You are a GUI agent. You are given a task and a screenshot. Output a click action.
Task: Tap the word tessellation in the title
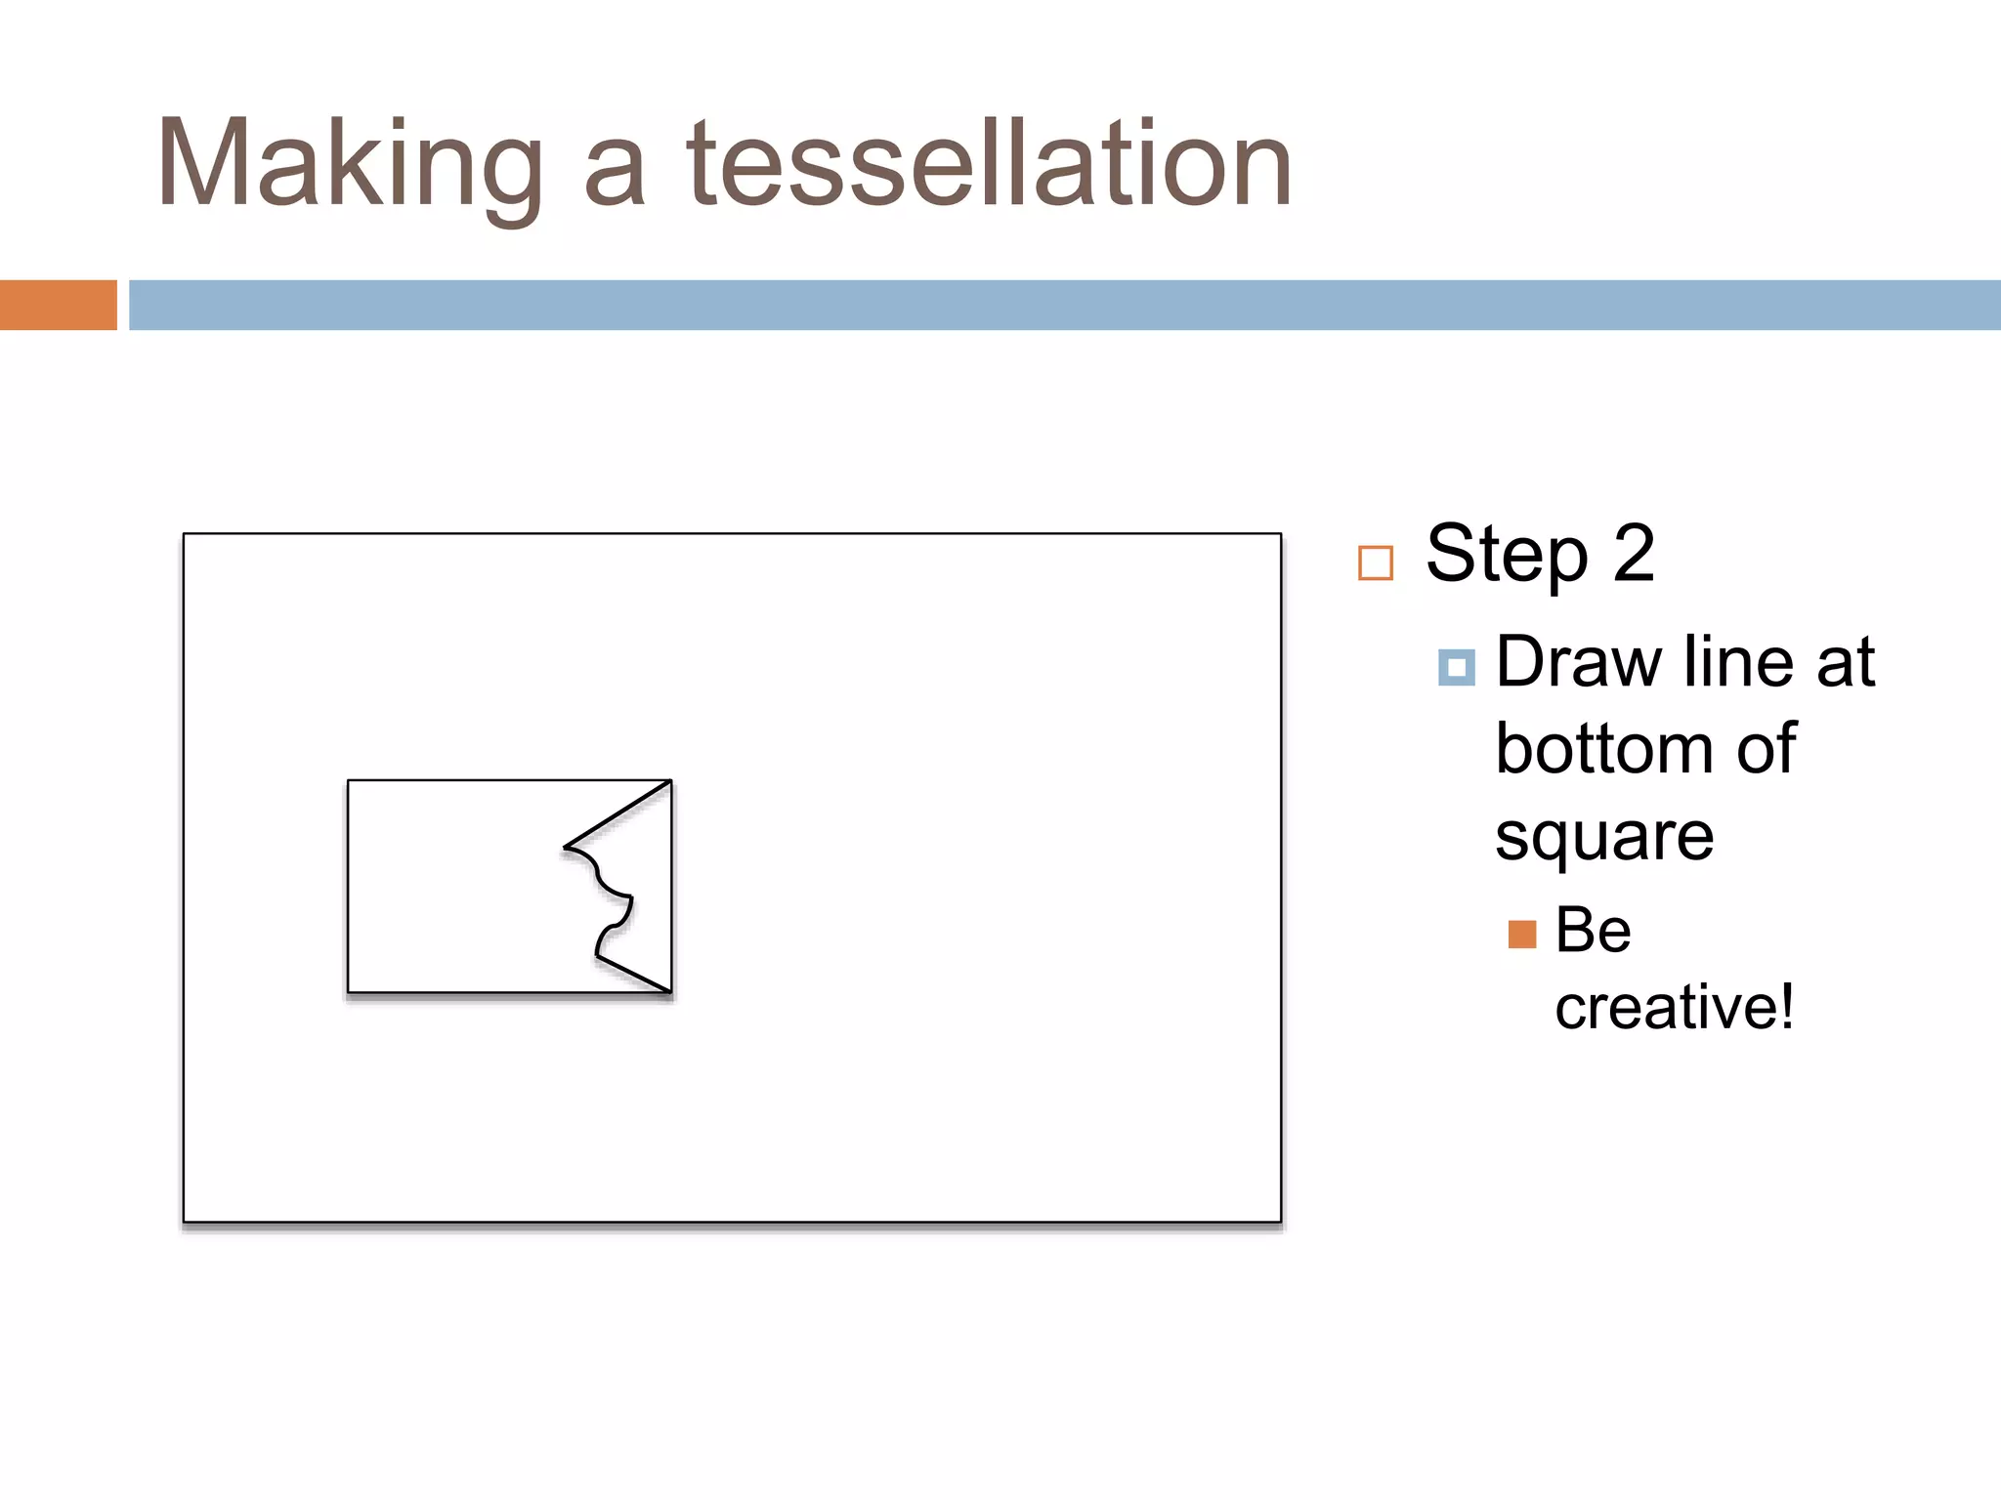click(x=989, y=164)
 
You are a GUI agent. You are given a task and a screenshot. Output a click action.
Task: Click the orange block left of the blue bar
click(x=58, y=305)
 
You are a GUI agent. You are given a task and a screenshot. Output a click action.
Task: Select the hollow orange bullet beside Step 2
click(x=1376, y=563)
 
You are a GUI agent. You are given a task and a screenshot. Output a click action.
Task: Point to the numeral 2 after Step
click(x=1634, y=553)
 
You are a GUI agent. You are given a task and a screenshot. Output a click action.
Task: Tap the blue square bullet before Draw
click(x=1456, y=668)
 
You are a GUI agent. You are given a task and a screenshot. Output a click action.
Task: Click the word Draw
click(x=1579, y=662)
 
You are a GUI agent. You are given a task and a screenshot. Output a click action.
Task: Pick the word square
click(x=1604, y=838)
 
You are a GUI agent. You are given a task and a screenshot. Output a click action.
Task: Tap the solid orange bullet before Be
click(x=1522, y=935)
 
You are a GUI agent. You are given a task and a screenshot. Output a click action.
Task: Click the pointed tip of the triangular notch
click(x=565, y=847)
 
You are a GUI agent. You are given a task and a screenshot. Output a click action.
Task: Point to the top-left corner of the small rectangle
click(x=349, y=780)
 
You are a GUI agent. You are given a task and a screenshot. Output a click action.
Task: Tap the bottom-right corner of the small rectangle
click(x=671, y=992)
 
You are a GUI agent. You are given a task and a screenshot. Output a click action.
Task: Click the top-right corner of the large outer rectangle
click(x=1280, y=534)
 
